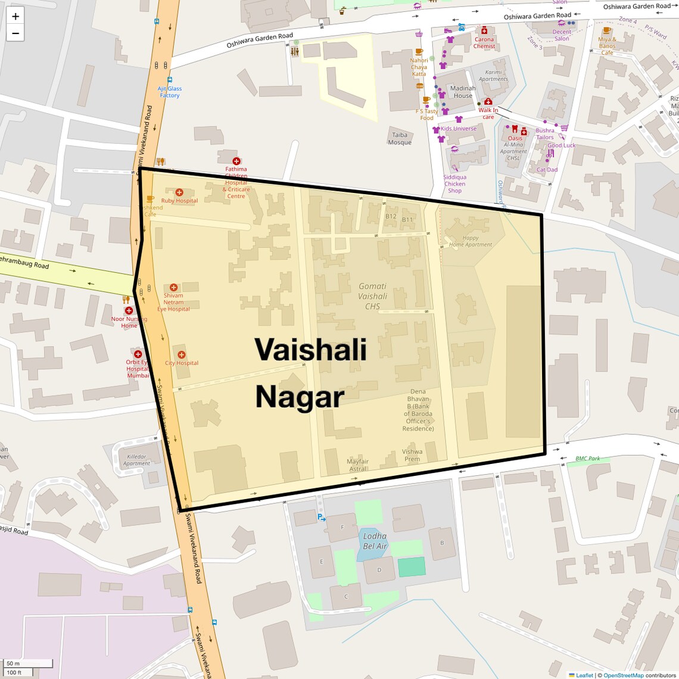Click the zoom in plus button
(15, 16)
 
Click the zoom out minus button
(15, 33)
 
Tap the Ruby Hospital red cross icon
(179, 192)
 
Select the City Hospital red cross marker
(182, 354)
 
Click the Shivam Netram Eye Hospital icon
(173, 287)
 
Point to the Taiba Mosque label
(400, 139)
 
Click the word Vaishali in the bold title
(310, 349)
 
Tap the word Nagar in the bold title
(300, 397)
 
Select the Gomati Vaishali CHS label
(372, 296)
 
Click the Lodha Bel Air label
(375, 541)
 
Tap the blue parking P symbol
(320, 517)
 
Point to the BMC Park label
(587, 459)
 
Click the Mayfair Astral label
(357, 465)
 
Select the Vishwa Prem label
(412, 455)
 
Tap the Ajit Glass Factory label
(170, 92)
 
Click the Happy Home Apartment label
(471, 241)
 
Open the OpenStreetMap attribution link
(623, 675)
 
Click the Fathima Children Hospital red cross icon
(236, 161)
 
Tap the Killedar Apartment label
(136, 460)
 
